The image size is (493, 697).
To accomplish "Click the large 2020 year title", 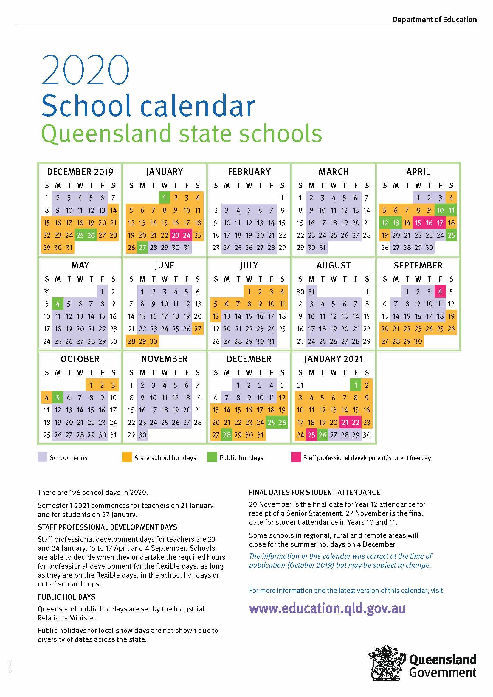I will tap(86, 70).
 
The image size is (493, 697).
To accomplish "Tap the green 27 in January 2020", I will tap(142, 247).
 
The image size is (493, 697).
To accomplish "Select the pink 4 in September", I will tap(440, 292).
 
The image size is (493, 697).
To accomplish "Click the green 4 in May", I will tap(58, 304).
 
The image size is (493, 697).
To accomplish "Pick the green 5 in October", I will tap(58, 398).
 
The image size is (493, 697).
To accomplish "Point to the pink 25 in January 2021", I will tap(311, 435).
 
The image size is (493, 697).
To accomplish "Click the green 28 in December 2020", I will tap(227, 435).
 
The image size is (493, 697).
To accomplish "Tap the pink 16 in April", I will tap(429, 223).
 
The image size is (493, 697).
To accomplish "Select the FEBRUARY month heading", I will tap(249, 172).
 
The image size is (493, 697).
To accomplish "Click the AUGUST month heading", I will tap(333, 266).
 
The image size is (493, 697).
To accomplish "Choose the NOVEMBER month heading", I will tap(165, 359).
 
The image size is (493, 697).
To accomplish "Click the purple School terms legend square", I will tap(42, 457).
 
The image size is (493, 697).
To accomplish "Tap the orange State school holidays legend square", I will tap(127, 457).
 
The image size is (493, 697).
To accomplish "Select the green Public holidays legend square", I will tap(212, 457).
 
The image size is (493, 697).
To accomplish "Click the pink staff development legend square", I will tap(296, 457).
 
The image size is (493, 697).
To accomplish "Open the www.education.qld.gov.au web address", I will tap(327, 609).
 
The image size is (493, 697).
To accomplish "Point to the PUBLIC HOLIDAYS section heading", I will tap(66, 597).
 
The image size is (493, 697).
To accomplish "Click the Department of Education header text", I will tap(434, 20).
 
